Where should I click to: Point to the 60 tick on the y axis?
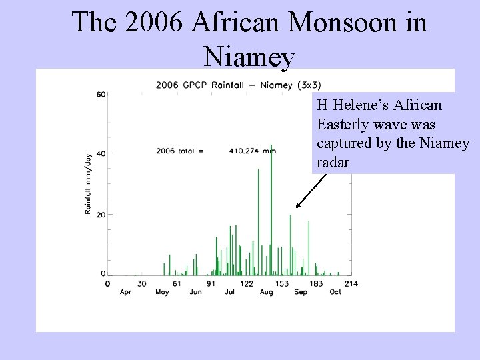[101, 94]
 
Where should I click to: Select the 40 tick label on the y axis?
[101, 153]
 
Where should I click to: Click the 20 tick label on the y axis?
[101, 214]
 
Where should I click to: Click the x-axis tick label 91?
[211, 283]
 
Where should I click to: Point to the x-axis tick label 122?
[247, 283]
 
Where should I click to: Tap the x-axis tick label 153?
[281, 283]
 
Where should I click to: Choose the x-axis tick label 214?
[351, 283]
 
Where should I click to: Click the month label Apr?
[125, 292]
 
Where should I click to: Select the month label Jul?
[229, 292]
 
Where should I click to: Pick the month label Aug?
[266, 292]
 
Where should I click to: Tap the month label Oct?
[335, 292]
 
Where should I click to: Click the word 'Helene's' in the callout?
[367, 105]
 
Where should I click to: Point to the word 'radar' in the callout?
[333, 162]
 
